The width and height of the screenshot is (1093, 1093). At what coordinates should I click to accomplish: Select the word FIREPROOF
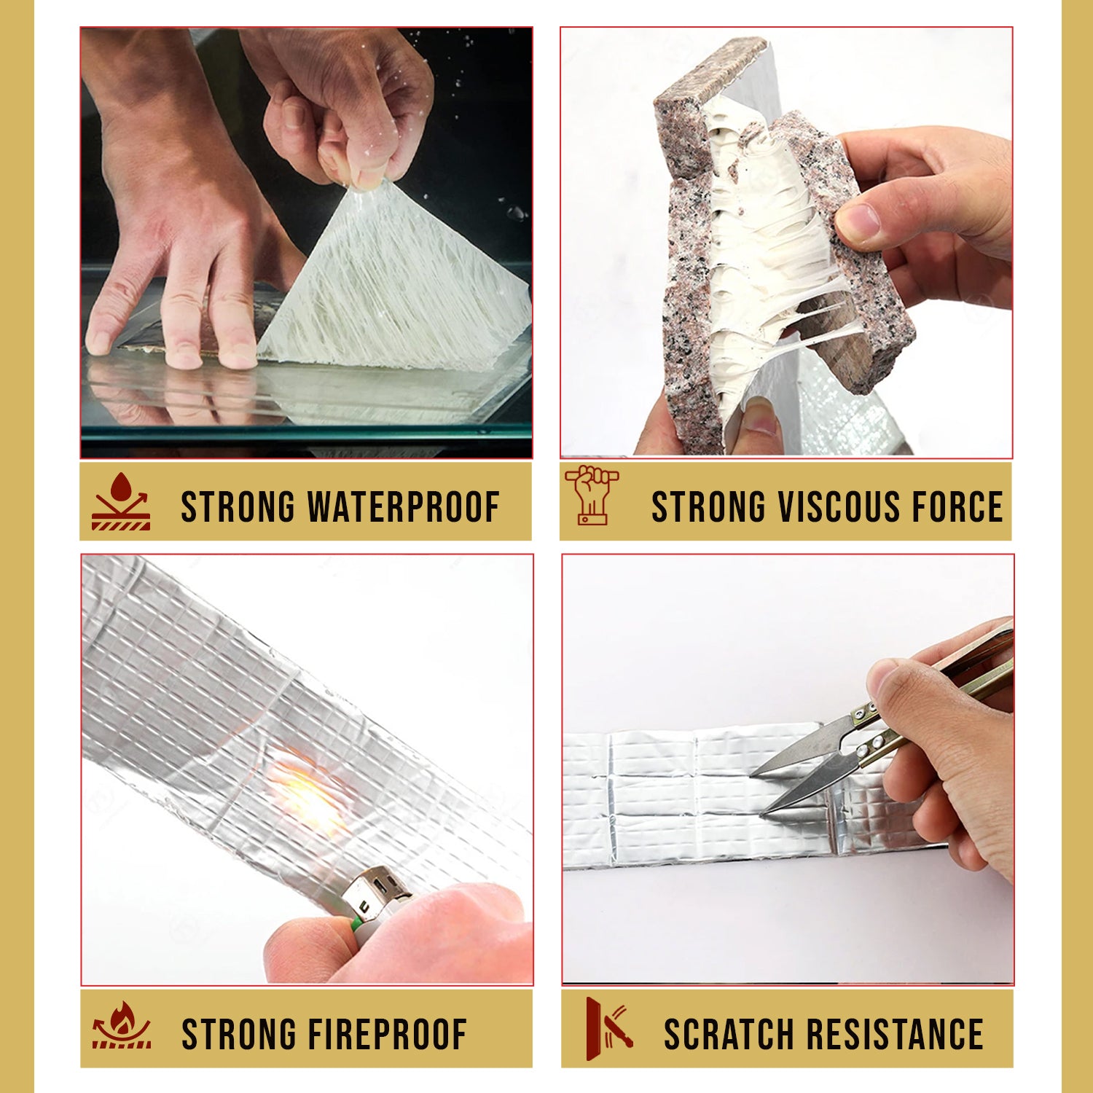[386, 1035]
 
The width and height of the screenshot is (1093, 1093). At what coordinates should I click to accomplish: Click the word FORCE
[957, 507]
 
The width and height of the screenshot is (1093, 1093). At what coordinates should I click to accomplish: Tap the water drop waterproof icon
[121, 501]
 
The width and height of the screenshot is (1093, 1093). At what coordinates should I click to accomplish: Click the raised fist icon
[592, 495]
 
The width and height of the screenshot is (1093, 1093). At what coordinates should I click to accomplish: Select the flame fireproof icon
[122, 1025]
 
